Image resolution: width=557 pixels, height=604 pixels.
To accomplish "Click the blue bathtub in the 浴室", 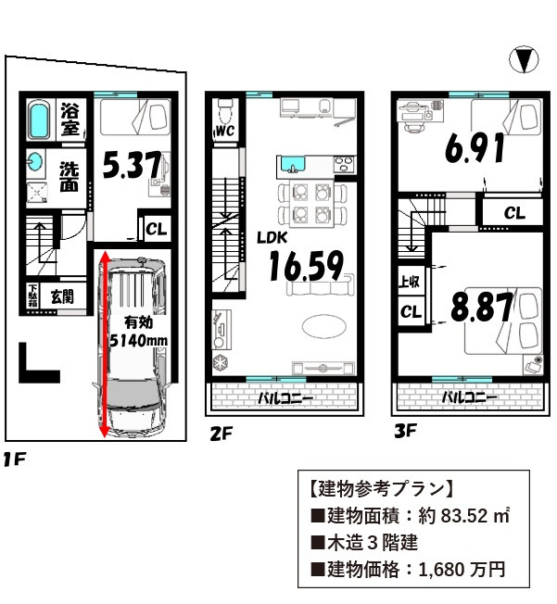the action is point(39,120).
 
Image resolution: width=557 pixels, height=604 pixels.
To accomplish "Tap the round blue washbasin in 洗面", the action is point(35,162).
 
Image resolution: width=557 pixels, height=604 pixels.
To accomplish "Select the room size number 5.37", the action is point(132,165).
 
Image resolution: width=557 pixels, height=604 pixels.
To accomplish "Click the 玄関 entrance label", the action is point(62,297).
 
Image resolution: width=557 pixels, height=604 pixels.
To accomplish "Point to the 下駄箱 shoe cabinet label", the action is point(32,296).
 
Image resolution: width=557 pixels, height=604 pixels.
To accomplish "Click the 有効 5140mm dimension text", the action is point(138,332).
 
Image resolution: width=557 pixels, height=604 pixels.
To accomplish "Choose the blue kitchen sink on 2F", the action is point(293,165).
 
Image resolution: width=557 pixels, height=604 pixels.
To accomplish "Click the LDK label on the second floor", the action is point(272,238).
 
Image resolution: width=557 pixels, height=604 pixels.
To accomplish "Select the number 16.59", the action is point(306,265).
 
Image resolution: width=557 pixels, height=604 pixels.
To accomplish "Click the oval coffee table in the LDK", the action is point(323,327).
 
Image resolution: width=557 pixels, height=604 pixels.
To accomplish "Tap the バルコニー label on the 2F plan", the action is point(285,398).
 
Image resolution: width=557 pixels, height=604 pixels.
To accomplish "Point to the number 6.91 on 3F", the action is point(475,148).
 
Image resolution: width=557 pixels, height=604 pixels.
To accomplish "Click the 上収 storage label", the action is point(409,282).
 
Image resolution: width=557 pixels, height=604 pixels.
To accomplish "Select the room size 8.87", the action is point(482,307).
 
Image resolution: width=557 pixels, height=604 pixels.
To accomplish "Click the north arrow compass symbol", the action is point(524,59).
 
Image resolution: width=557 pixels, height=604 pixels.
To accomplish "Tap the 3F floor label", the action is point(406,431).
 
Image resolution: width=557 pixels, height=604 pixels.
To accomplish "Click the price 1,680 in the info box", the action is point(442,570).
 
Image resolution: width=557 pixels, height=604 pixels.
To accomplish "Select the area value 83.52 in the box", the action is point(464,515).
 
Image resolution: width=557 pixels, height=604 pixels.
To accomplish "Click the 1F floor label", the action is point(14,459).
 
